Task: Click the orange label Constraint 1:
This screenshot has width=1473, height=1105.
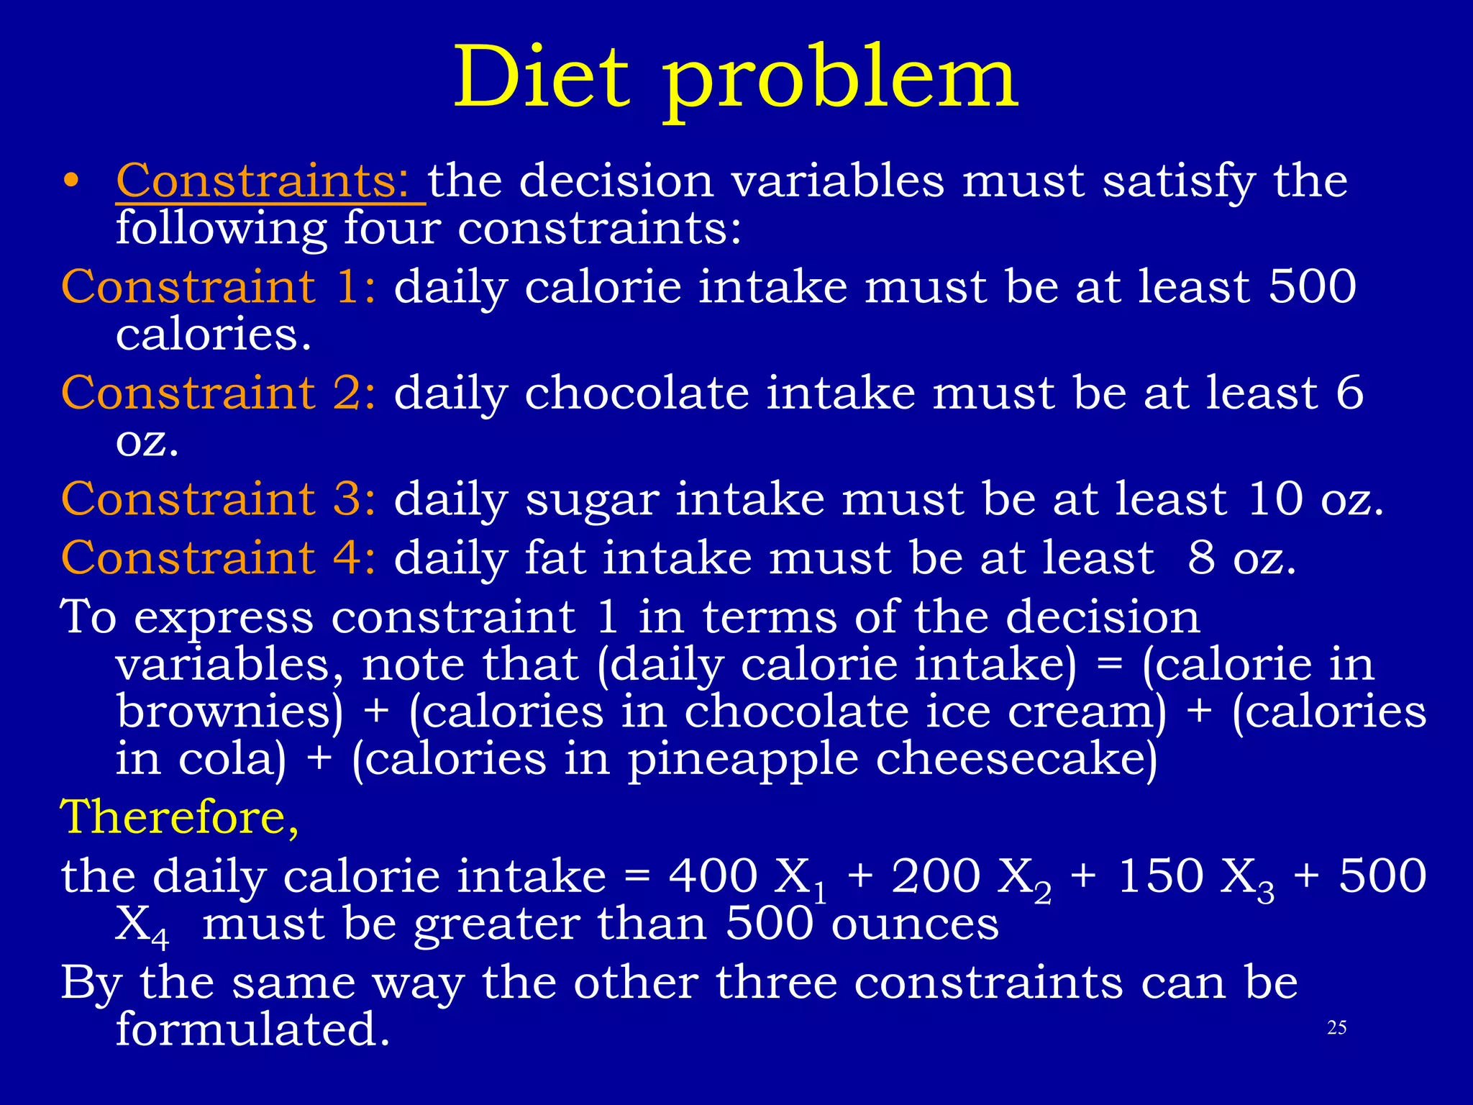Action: click(x=218, y=286)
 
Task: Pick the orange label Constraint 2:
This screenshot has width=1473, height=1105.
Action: click(x=218, y=393)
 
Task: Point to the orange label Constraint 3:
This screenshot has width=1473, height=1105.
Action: click(x=218, y=499)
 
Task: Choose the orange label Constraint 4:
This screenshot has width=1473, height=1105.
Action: click(x=218, y=558)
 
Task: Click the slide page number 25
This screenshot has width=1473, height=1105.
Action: click(x=1336, y=1027)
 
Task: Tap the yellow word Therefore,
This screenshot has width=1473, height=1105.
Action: click(x=180, y=817)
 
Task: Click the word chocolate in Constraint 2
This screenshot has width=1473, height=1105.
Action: click(x=637, y=393)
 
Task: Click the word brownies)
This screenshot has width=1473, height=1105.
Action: click(x=230, y=712)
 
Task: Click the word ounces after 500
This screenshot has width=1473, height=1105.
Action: click(x=915, y=924)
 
